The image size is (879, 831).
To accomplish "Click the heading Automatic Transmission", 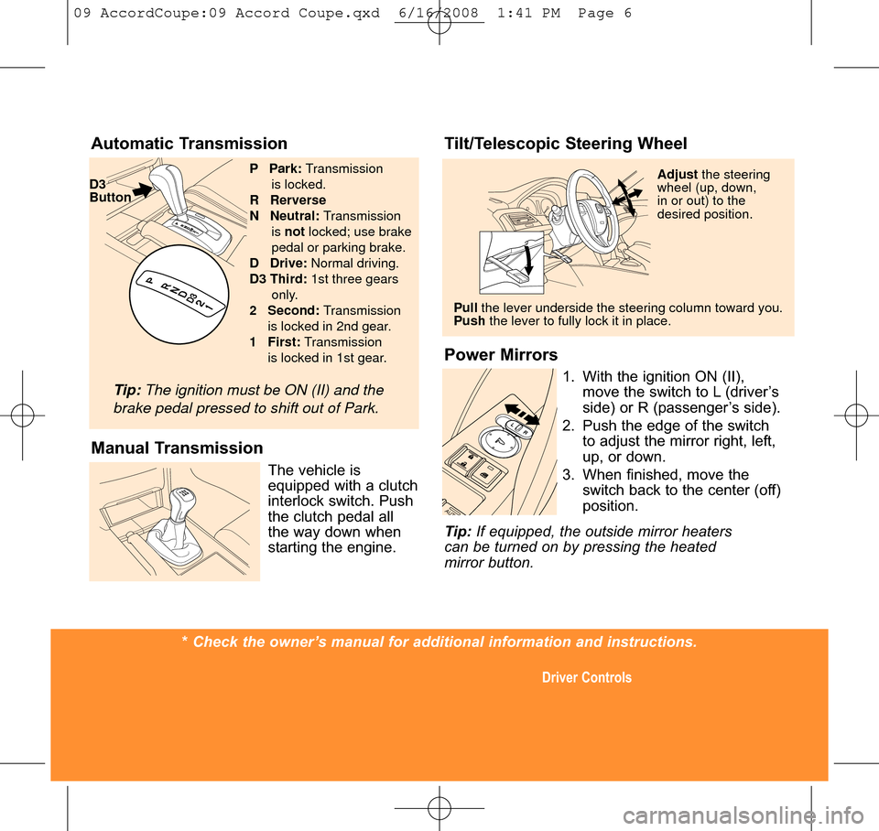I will click(x=189, y=144).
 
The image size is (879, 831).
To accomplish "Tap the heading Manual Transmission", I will click(x=177, y=448).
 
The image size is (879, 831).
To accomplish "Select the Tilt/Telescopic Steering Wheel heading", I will click(x=565, y=144).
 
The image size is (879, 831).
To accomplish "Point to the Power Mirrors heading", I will click(x=500, y=355).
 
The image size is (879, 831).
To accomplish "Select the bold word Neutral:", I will click(x=295, y=215).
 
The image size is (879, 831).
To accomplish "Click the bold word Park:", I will click(x=286, y=168).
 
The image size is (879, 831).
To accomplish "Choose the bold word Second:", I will click(x=293, y=310).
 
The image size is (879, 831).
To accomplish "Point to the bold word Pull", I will click(x=465, y=308).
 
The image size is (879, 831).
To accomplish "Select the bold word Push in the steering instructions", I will click(x=469, y=321).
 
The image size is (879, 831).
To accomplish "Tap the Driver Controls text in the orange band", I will click(x=586, y=678).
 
